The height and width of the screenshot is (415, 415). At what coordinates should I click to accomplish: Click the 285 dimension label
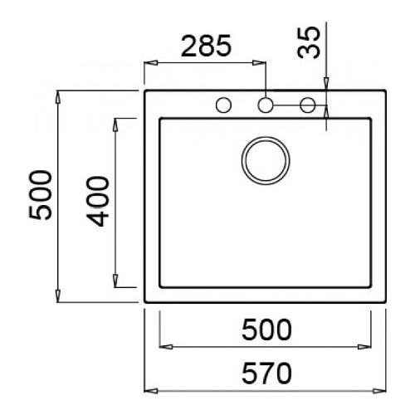click(206, 46)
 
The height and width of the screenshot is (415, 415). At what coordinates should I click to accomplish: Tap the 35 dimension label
click(309, 42)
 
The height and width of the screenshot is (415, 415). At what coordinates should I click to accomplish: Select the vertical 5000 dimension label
click(41, 195)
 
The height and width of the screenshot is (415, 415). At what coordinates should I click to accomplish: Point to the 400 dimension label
click(98, 202)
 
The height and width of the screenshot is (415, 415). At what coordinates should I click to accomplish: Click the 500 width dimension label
click(266, 330)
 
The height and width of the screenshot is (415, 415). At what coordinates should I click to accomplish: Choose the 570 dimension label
click(266, 373)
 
